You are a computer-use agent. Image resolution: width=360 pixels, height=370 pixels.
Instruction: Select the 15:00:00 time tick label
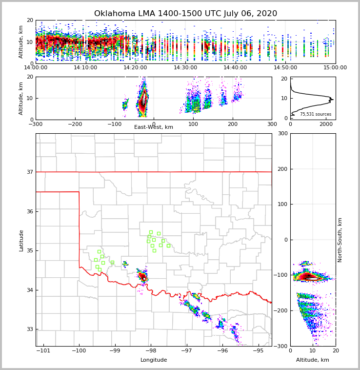coord(335,67)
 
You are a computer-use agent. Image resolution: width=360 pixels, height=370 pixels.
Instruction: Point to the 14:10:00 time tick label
coord(85,67)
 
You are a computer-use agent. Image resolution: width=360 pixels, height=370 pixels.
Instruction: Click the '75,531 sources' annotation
coord(316,114)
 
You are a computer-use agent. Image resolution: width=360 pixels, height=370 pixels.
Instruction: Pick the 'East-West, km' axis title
coord(154,127)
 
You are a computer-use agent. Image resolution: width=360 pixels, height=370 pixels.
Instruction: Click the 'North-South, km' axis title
coord(340,240)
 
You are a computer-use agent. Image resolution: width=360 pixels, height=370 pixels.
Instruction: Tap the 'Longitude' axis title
coord(154,360)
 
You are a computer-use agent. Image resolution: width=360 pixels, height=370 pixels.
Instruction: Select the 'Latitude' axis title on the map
coord(21,240)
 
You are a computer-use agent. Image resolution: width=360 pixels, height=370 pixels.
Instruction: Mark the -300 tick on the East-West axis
coord(36,124)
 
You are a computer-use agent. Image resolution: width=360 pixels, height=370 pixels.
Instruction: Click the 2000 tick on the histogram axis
coord(326,124)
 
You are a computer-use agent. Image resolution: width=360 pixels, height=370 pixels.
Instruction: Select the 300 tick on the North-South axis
coord(282,134)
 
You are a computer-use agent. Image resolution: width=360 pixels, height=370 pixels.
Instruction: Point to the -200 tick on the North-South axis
coord(281,311)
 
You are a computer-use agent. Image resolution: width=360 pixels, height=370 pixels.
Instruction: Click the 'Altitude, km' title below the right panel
coord(313,360)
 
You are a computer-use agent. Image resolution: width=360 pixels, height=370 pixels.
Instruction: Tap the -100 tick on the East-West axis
coord(115,124)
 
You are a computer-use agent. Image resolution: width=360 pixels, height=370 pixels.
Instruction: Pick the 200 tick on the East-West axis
coord(233,124)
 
